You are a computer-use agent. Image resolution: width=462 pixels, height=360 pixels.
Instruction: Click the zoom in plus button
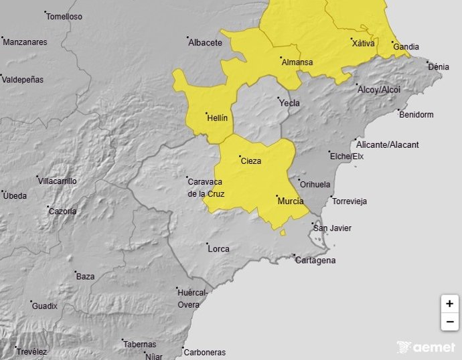point(449,303)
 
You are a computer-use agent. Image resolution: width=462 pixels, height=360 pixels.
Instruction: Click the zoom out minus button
point(449,322)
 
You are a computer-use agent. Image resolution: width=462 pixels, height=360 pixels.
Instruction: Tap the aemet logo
point(426,347)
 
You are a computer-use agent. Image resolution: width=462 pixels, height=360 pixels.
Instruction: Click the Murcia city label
point(290,201)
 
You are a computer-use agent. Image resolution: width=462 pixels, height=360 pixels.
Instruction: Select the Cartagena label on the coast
point(315,260)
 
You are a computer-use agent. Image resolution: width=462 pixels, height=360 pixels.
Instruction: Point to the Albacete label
point(205,43)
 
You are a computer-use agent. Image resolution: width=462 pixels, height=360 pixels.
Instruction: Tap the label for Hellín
point(218,118)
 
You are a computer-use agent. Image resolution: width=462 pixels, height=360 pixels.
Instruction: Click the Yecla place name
point(289,104)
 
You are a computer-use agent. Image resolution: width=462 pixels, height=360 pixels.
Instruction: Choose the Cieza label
point(250,161)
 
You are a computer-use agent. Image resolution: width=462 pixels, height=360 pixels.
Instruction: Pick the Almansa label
point(297,63)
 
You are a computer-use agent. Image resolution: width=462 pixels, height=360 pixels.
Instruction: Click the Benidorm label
point(416,114)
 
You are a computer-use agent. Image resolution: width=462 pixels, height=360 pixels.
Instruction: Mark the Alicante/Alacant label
point(388,145)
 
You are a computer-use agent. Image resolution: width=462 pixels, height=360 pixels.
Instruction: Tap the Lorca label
point(218,249)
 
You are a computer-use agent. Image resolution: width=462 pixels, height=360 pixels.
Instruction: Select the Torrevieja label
point(349,201)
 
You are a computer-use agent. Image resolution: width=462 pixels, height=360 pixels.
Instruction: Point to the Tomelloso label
point(64,17)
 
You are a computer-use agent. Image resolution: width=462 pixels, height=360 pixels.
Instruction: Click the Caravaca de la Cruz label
point(206,188)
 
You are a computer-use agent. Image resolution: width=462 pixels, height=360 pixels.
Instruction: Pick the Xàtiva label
point(363,43)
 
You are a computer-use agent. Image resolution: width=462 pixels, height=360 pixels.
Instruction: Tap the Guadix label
point(45,306)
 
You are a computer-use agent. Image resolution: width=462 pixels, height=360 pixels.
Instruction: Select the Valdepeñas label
point(23,80)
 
